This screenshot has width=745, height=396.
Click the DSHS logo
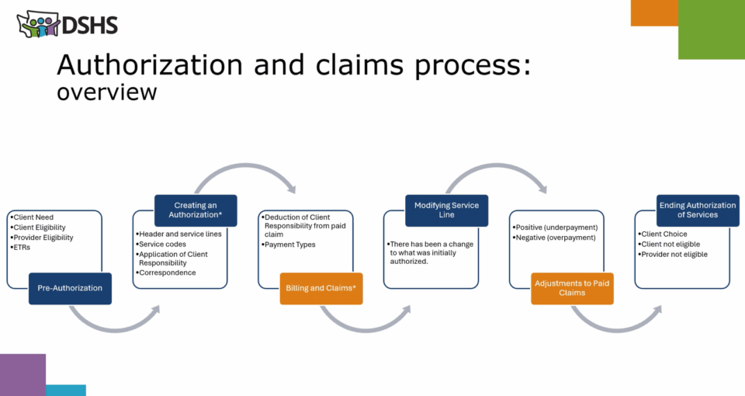click(x=67, y=24)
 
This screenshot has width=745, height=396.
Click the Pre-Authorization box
click(x=70, y=288)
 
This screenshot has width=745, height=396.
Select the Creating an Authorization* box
click(x=196, y=210)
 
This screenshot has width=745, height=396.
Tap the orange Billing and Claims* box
click(x=321, y=288)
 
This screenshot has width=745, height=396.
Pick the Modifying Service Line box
click(x=446, y=210)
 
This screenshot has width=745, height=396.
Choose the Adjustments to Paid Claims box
click(x=572, y=288)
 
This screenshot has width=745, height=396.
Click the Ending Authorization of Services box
click(x=698, y=210)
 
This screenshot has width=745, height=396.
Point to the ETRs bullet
click(x=20, y=247)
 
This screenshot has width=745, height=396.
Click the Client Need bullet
click(x=32, y=217)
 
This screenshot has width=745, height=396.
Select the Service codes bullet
click(x=161, y=244)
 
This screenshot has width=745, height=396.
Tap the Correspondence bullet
click(x=165, y=273)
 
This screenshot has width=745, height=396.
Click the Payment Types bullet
click(x=289, y=245)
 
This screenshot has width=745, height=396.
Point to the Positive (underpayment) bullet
click(x=555, y=228)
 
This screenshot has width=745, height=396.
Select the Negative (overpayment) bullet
click(x=554, y=238)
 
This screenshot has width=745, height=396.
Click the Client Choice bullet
click(x=662, y=234)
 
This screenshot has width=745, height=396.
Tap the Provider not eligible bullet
click(x=672, y=255)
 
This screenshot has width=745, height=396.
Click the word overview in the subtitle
click(x=107, y=92)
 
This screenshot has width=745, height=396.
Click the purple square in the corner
click(x=23, y=374)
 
